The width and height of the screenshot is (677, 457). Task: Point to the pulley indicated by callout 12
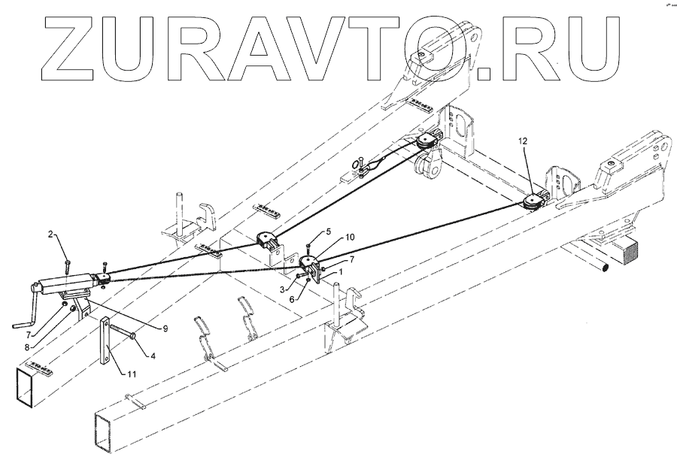coord(533,201)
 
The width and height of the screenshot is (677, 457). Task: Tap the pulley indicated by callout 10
coord(309,262)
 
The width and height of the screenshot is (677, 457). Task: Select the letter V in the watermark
coord(323,50)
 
